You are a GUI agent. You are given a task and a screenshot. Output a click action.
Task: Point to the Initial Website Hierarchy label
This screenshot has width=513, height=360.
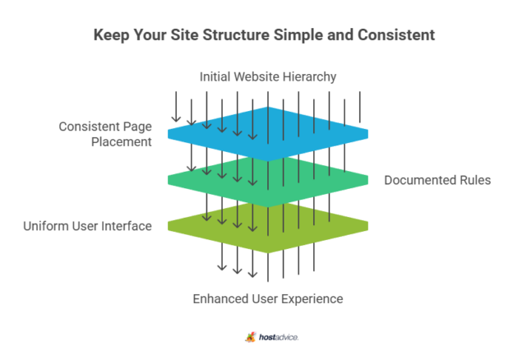268,77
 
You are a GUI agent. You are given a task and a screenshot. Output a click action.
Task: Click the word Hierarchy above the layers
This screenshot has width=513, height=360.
309,77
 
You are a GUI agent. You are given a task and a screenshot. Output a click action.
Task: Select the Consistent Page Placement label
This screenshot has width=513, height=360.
105,134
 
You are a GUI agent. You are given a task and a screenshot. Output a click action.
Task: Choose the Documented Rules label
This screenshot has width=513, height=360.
437,180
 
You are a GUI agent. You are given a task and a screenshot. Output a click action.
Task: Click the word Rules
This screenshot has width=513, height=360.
474,180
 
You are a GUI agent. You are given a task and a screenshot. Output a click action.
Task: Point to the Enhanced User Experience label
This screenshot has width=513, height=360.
268,298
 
